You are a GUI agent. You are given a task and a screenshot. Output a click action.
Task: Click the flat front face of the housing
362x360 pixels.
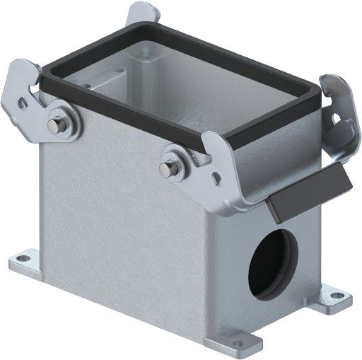pos(120,226)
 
